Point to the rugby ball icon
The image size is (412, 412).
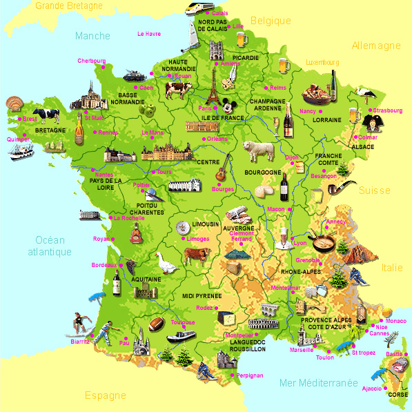tap(156, 324)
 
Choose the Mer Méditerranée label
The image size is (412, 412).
tap(319, 382)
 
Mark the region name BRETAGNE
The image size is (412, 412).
tap(50, 130)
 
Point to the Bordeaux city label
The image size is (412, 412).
tap(104, 265)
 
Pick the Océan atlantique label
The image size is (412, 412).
tap(50, 246)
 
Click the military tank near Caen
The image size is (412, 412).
tap(134, 73)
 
